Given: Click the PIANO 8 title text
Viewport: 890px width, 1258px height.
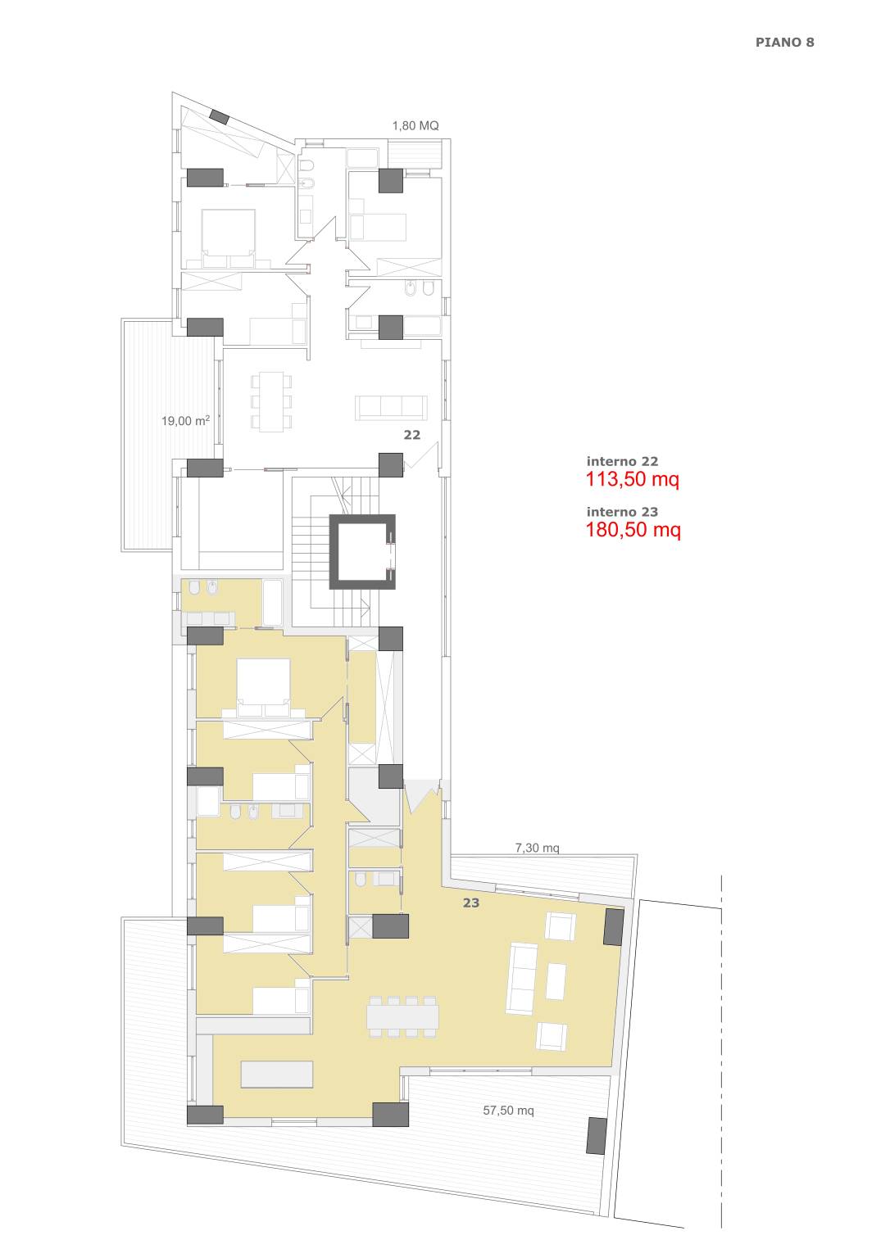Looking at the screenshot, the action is point(784,42).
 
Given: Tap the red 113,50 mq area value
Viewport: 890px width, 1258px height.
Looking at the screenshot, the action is point(633,479).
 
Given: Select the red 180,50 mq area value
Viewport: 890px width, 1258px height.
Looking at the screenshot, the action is point(633,530).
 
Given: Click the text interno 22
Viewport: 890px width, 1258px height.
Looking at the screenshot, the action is point(622,461).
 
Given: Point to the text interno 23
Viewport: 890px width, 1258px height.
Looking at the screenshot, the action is point(622,512).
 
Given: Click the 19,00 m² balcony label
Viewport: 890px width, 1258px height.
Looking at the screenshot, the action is point(185,421).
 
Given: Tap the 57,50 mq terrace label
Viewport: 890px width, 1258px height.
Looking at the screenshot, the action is point(508,1111).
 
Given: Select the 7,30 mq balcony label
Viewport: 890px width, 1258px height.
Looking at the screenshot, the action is point(537,848).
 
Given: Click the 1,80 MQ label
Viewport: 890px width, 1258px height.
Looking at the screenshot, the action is point(415,126).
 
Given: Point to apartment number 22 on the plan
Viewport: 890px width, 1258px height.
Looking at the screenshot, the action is point(412,435).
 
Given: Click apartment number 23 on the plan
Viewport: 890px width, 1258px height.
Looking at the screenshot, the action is point(471,903).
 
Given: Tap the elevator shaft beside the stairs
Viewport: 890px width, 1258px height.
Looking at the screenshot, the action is point(362,551).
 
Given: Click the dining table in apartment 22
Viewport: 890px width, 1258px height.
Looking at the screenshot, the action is point(271,401).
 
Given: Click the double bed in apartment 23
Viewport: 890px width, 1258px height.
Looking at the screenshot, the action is point(264,688).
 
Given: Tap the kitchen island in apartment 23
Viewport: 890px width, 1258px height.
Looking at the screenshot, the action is point(276,1075).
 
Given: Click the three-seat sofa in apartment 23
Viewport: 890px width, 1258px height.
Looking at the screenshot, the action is point(521,979).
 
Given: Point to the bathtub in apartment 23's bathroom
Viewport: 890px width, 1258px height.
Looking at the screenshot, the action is point(273,602).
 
